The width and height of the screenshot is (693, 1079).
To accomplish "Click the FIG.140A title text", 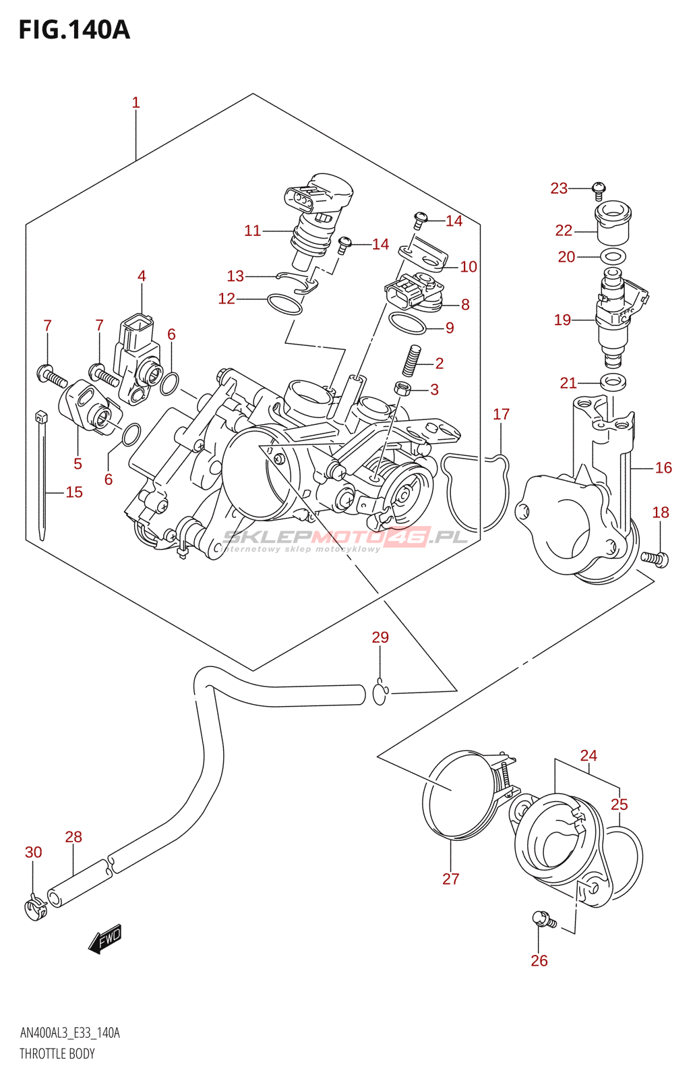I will pyautogui.click(x=74, y=30).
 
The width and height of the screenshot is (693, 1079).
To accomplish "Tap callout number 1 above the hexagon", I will pyautogui.click(x=135, y=103).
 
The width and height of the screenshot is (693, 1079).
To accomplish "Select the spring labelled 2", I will pyautogui.click(x=411, y=360).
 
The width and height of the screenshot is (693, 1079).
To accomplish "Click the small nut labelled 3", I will pyautogui.click(x=402, y=388).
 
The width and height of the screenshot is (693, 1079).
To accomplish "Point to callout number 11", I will pyautogui.click(x=252, y=231).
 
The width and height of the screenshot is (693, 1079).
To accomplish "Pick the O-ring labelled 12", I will pyautogui.click(x=284, y=303).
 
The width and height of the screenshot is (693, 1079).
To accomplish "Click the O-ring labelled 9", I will pyautogui.click(x=408, y=324).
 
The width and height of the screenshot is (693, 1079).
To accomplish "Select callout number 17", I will pyautogui.click(x=501, y=414).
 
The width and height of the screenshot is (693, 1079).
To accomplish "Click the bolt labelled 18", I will pyautogui.click(x=654, y=558).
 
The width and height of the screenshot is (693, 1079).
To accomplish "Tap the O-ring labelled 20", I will pyautogui.click(x=612, y=256).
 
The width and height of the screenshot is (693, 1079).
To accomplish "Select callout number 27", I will pyautogui.click(x=450, y=879).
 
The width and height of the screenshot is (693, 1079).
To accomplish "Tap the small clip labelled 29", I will pyautogui.click(x=380, y=693).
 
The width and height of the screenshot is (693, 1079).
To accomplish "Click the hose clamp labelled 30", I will pyautogui.click(x=34, y=908).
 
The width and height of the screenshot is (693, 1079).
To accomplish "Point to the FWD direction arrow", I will pyautogui.click(x=105, y=939).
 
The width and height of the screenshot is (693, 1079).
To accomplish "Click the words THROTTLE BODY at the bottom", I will pyautogui.click(x=57, y=1054).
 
